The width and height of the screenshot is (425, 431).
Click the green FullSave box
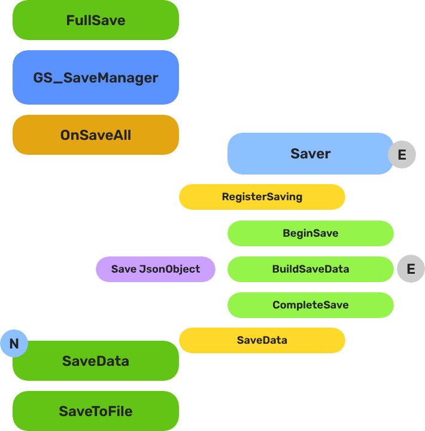(x=96, y=20)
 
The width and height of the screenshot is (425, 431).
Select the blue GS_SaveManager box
(x=96, y=78)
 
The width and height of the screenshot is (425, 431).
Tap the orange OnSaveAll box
(x=96, y=135)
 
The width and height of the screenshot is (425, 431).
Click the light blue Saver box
(x=310, y=154)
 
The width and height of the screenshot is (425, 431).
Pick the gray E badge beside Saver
(x=402, y=155)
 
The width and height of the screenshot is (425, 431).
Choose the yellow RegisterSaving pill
(x=262, y=197)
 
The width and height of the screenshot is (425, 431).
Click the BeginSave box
(x=310, y=233)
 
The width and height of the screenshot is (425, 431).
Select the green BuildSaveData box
(x=310, y=269)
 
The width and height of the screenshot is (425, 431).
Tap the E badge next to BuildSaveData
(x=411, y=269)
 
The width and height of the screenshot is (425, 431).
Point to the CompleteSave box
(x=310, y=305)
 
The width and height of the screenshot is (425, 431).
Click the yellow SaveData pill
(x=262, y=340)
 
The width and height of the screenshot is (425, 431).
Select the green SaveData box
(x=96, y=362)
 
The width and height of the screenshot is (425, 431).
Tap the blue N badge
(x=14, y=344)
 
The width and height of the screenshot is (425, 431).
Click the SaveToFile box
(x=96, y=411)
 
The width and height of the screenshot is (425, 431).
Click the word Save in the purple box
(x=123, y=269)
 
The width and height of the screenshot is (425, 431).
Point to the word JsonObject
(x=169, y=269)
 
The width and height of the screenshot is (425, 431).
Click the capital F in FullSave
(x=70, y=20)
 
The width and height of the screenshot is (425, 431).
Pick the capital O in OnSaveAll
(x=65, y=135)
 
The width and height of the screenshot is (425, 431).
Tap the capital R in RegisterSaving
(x=225, y=197)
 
